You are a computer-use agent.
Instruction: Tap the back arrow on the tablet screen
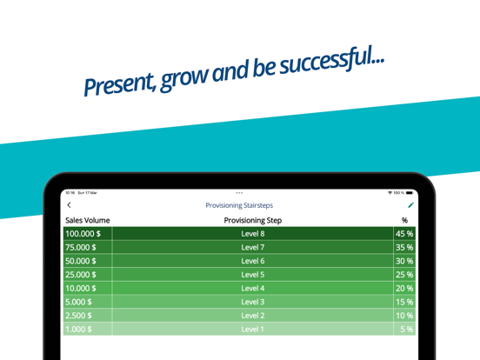pyautogui.click(x=69, y=205)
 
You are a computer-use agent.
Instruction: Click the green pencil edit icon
pyautogui.click(x=410, y=205)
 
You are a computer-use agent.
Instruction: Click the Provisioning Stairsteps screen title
pyautogui.click(x=239, y=205)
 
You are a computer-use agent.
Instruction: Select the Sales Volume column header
pyautogui.click(x=88, y=220)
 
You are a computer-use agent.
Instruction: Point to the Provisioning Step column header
pyautogui.click(x=253, y=220)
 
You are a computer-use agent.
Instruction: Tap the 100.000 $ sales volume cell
pyautogui.click(x=88, y=234)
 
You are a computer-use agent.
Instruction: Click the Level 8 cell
pyautogui.click(x=253, y=234)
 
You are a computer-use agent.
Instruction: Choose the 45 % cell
pyautogui.click(x=404, y=234)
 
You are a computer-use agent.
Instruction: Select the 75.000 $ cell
pyautogui.click(x=88, y=247)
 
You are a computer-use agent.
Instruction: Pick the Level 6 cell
pyautogui.click(x=253, y=261)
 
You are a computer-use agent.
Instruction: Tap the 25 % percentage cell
pyautogui.click(x=404, y=275)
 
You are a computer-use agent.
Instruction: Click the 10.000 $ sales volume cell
pyautogui.click(x=88, y=288)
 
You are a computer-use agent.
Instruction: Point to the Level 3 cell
pyautogui.click(x=253, y=302)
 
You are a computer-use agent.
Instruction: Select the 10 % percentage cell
pyautogui.click(x=404, y=316)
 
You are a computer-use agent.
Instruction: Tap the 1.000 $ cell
pyautogui.click(x=88, y=329)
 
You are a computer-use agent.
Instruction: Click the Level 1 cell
pyautogui.click(x=253, y=329)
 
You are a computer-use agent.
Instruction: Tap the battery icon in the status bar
pyautogui.click(x=410, y=193)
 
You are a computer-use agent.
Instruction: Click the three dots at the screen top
pyautogui.click(x=239, y=193)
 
